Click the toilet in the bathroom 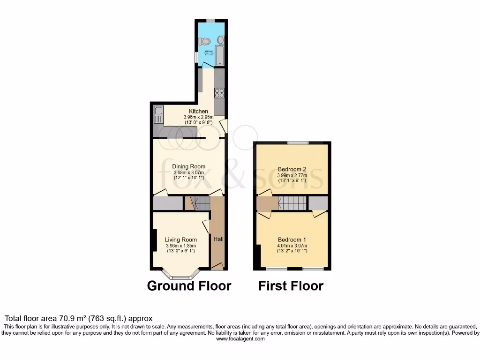coord(205,40)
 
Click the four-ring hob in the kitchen coord(219,93)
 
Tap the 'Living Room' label coord(181,240)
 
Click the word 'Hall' coord(218,239)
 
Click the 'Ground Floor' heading coord(189,286)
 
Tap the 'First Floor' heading coord(291,286)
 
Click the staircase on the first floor coord(292,203)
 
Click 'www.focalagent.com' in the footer coord(240,339)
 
